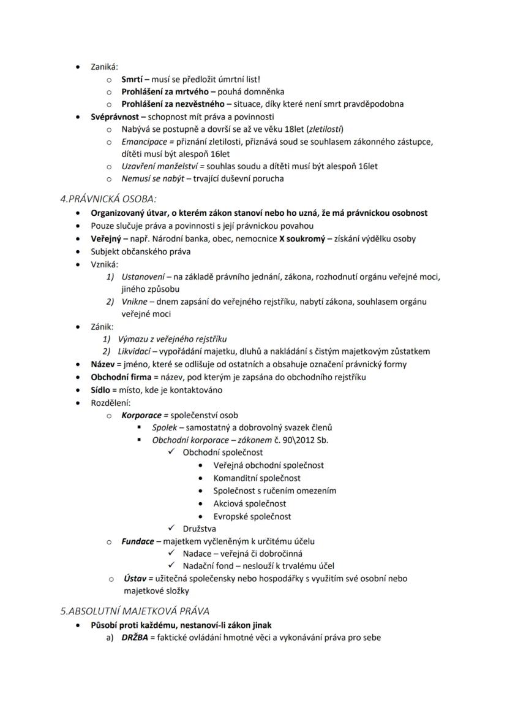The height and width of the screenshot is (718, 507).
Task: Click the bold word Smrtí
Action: coord(132,79)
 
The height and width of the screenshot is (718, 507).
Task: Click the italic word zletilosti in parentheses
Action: coord(325,129)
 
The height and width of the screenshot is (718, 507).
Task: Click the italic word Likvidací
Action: coord(136,351)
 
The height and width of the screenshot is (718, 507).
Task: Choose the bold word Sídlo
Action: coord(102,389)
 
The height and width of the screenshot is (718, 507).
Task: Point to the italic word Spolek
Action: coord(164,427)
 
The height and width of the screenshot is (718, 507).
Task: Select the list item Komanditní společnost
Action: coord(257,478)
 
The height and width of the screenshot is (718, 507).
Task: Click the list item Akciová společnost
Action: coord(249,503)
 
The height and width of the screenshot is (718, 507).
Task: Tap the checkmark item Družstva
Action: coord(199,529)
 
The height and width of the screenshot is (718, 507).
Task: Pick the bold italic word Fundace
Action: coord(138,541)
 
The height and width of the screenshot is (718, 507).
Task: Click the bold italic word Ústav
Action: coord(135,578)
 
